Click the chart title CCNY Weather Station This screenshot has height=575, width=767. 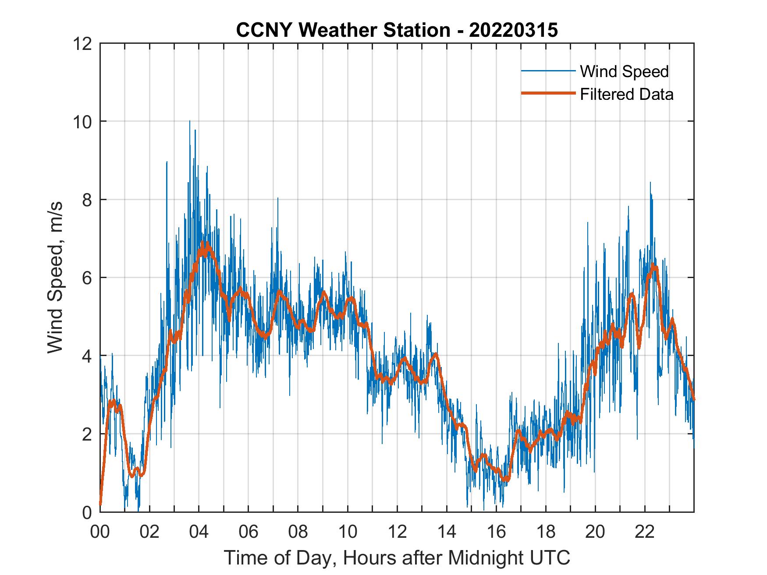(x=342, y=30)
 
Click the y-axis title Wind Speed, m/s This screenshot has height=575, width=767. (x=55, y=277)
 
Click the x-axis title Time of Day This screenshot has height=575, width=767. (x=397, y=558)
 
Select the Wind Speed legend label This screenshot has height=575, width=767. (x=624, y=71)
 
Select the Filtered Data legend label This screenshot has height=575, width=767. (x=626, y=94)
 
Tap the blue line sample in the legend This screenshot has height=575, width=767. (x=547, y=71)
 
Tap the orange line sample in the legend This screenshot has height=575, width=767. (x=547, y=94)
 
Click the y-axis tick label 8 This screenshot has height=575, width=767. (x=87, y=200)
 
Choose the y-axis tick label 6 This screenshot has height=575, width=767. (x=87, y=278)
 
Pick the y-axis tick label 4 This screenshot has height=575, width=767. (x=87, y=356)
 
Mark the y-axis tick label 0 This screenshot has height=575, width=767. (x=87, y=512)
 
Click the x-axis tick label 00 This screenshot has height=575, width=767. (x=100, y=532)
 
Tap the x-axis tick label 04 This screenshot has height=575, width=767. (x=199, y=532)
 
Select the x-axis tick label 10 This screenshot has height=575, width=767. (x=348, y=532)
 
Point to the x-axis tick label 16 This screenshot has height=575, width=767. (x=496, y=532)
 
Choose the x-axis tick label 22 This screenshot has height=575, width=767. (x=645, y=532)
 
